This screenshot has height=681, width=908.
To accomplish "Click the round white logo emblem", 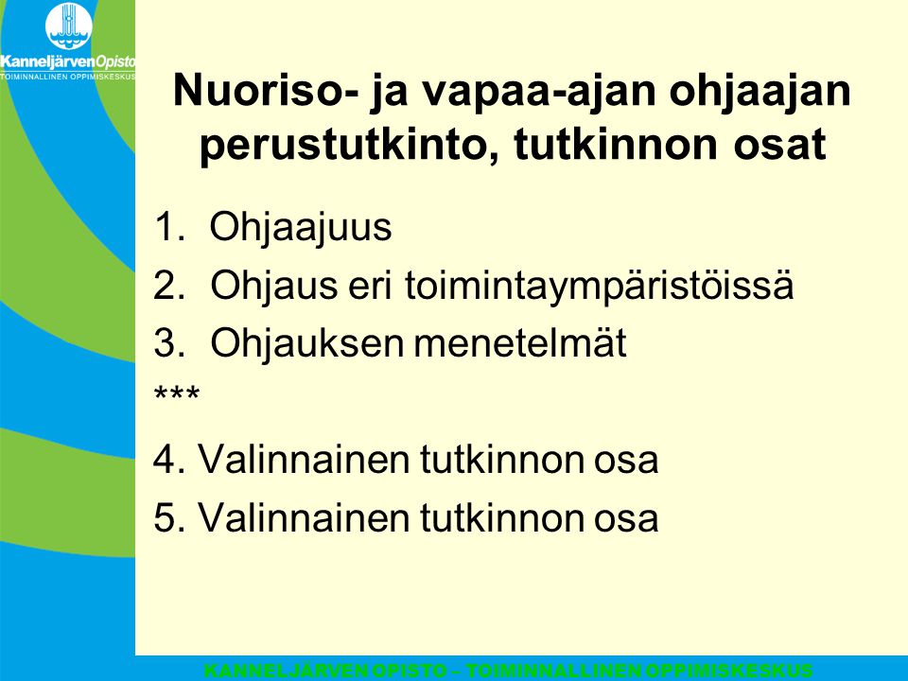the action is click(x=69, y=26).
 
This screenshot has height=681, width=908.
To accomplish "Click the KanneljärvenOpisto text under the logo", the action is click(x=68, y=62).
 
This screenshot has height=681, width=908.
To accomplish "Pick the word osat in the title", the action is click(x=779, y=145).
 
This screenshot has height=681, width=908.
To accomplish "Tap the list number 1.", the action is click(x=168, y=226).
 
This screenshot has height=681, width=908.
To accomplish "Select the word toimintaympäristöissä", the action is click(x=599, y=286).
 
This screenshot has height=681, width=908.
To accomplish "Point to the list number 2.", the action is click(x=169, y=285).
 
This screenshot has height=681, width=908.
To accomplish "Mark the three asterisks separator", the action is click(x=177, y=393).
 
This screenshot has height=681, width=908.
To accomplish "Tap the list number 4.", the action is click(x=169, y=460).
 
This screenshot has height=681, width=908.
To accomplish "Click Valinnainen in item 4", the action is click(x=303, y=460).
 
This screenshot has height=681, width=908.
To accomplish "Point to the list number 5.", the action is click(x=169, y=517).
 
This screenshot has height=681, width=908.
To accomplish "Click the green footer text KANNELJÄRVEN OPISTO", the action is click(x=325, y=672).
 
